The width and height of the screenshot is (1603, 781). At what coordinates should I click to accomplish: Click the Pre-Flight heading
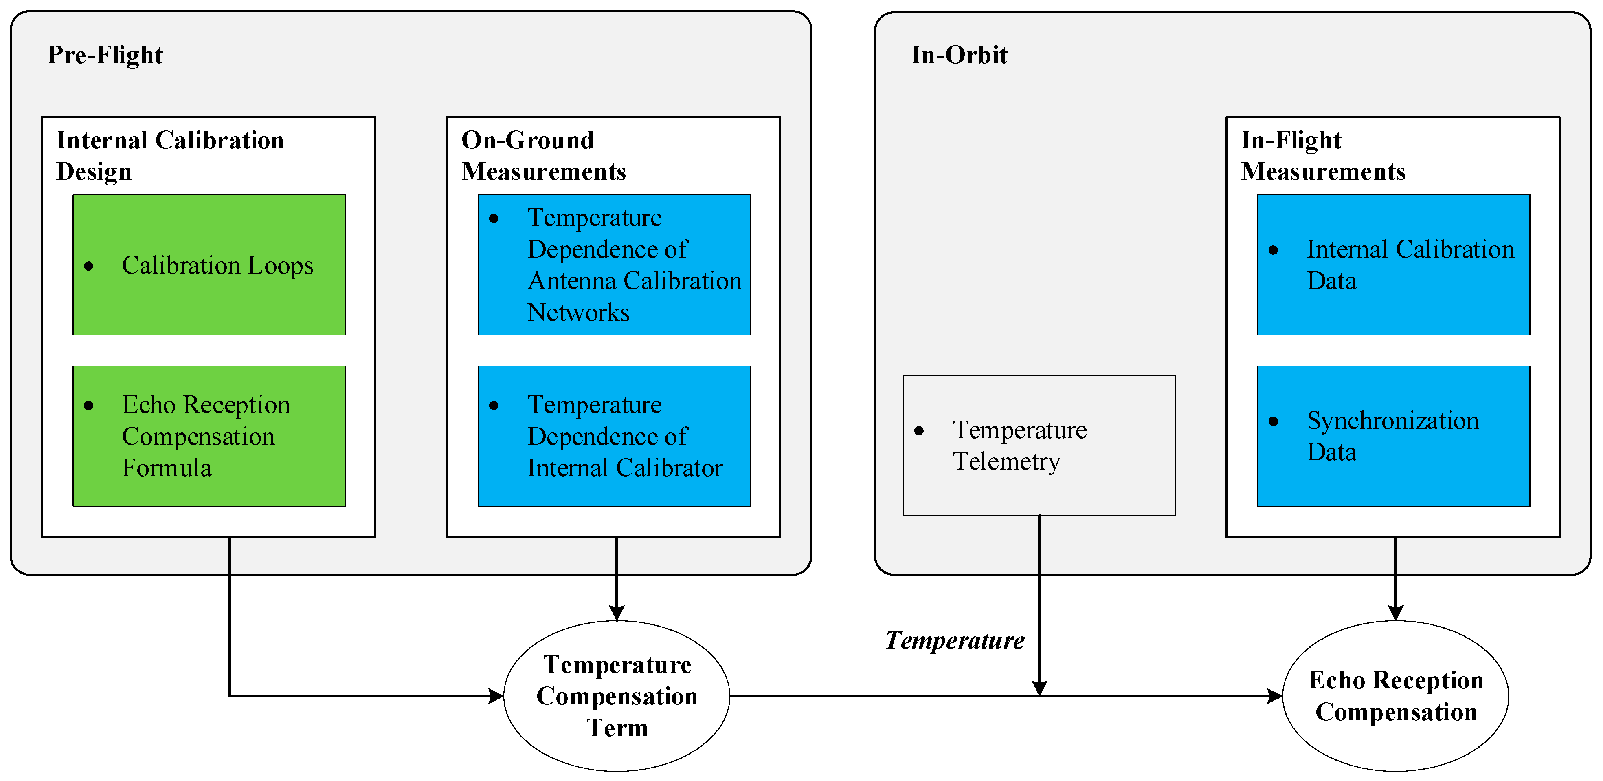click(105, 55)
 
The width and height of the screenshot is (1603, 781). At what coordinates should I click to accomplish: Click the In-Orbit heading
click(959, 55)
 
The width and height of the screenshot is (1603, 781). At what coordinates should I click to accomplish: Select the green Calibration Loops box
click(209, 265)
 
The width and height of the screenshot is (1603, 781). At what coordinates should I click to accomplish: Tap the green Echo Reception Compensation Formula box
click(209, 436)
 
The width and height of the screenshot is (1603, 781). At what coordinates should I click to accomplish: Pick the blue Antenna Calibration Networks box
click(614, 265)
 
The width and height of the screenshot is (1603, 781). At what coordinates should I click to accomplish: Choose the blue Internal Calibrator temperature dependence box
click(614, 436)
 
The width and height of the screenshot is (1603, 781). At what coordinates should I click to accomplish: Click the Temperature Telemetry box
click(1039, 445)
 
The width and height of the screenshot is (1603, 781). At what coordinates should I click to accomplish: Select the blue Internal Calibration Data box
click(1393, 265)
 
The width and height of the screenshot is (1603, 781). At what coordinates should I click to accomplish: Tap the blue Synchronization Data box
click(1393, 436)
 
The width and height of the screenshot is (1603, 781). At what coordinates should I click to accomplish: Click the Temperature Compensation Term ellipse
click(616, 696)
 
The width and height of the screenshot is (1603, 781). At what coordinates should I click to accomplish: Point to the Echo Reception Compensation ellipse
click(1396, 696)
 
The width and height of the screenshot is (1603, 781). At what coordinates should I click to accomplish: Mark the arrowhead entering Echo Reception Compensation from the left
click(1274, 696)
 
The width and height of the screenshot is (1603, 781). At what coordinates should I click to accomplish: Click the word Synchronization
click(1393, 421)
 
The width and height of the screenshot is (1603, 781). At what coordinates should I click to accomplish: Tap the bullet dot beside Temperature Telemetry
click(919, 431)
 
